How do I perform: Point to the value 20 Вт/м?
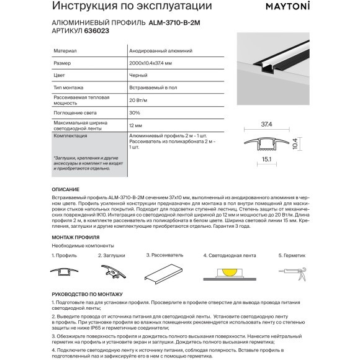(x=140, y=100)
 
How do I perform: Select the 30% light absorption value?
(x=135, y=113)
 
